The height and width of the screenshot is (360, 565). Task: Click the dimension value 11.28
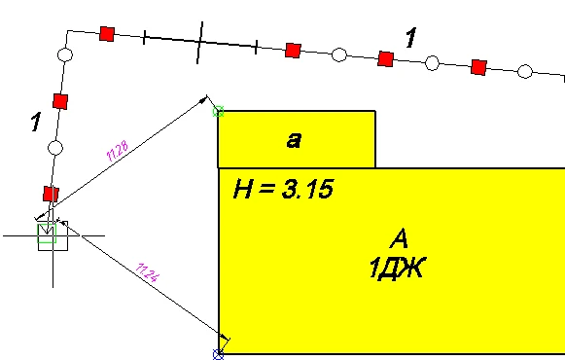click(x=118, y=151)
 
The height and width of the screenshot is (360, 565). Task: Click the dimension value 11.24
click(x=148, y=272)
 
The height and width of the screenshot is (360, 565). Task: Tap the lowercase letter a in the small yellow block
click(x=294, y=140)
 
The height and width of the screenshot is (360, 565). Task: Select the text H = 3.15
click(x=284, y=189)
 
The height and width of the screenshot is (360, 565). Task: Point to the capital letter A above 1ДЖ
click(x=399, y=238)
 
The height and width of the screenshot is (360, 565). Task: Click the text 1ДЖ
click(x=397, y=268)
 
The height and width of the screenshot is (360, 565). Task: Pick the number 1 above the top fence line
click(x=410, y=38)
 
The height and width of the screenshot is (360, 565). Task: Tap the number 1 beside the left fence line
click(x=36, y=122)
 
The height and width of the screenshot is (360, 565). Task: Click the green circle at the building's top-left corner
click(x=218, y=112)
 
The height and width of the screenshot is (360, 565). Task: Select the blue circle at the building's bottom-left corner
click(x=219, y=354)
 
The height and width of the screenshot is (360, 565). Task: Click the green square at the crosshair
click(x=47, y=234)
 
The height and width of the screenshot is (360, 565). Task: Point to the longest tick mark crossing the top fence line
click(x=199, y=43)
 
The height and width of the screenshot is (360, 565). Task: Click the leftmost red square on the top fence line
click(x=107, y=34)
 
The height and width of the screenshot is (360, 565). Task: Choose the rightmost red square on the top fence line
click(x=478, y=67)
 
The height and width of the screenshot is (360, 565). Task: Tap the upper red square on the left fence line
click(x=60, y=101)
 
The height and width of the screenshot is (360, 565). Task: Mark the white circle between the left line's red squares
click(x=55, y=148)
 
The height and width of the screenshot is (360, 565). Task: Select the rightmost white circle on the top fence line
click(x=525, y=71)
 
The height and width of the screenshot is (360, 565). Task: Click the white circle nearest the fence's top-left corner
click(x=65, y=54)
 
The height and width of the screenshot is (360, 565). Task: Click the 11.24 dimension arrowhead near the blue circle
click(x=224, y=337)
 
